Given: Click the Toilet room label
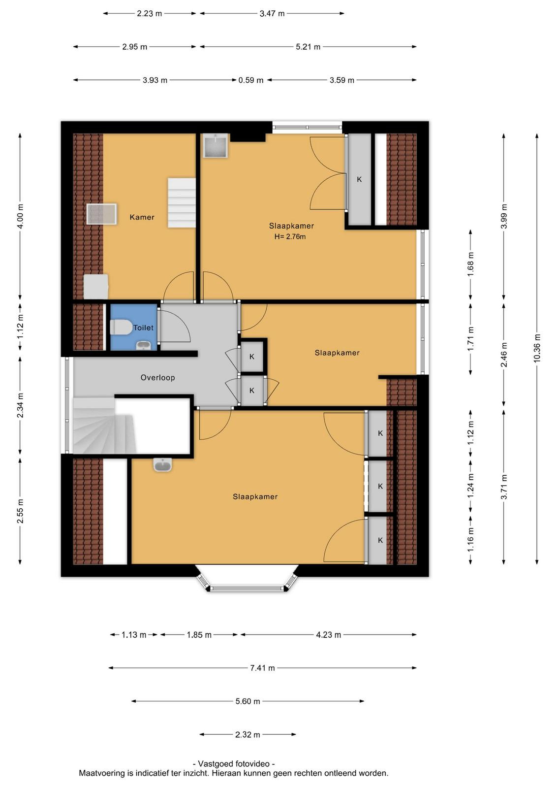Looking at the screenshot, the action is pos(143,328).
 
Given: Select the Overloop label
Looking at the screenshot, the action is pos(157,377).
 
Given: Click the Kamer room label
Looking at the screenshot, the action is pos(142,217).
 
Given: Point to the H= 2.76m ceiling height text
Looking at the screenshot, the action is pos(290,236).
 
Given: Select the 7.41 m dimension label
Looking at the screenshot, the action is pos(262,668).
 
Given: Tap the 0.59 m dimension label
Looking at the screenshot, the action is pos(250,80).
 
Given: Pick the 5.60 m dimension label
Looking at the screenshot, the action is pos(248,701).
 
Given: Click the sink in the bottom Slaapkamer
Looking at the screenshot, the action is pos(163,464).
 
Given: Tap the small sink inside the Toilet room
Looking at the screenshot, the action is pos(143,345).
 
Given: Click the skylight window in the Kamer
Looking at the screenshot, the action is pos(101,214).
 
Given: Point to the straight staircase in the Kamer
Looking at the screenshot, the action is pos(182,202).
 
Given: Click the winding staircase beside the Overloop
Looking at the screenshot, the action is pos(104,426).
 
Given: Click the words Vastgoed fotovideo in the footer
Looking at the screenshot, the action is pos(234,763).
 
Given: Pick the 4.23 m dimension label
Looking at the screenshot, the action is pos(328,635).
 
